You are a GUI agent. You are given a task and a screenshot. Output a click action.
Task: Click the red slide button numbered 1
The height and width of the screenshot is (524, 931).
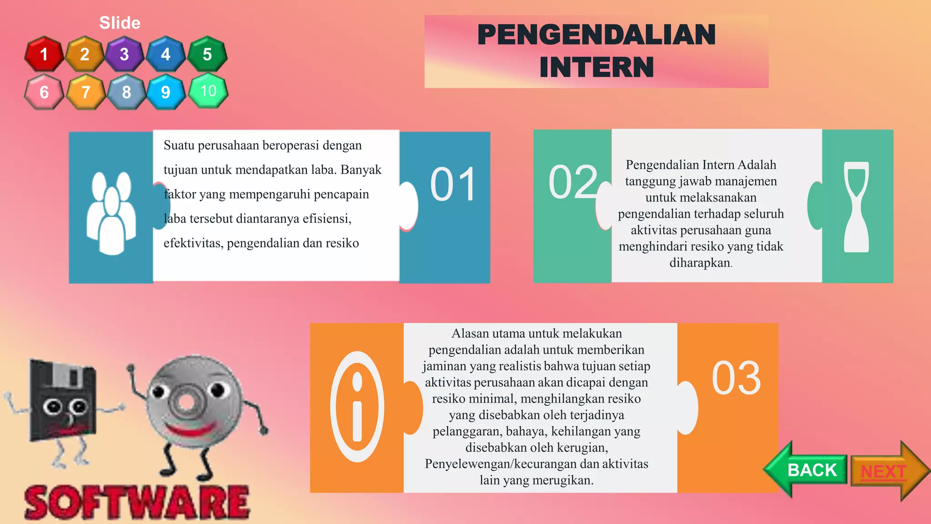click(44, 54)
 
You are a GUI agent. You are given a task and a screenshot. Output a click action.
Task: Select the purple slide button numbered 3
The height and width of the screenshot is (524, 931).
click(125, 54)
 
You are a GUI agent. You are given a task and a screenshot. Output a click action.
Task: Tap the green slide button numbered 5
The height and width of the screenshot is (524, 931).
click(207, 54)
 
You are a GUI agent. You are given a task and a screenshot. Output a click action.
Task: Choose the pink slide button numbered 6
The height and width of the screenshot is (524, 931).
click(44, 92)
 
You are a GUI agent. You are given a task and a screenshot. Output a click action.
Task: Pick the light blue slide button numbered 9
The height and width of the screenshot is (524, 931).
click(166, 92)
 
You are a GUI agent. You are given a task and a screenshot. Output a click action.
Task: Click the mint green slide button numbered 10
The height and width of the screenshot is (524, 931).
click(208, 91)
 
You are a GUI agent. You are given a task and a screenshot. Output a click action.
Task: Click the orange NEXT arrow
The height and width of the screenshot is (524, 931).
click(889, 471)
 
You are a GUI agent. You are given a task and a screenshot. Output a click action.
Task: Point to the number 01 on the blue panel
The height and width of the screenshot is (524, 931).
click(453, 184)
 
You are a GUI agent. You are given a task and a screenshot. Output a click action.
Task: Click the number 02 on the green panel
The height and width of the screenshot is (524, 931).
click(573, 182)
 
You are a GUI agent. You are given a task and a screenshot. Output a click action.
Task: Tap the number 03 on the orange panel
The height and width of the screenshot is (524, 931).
click(736, 378)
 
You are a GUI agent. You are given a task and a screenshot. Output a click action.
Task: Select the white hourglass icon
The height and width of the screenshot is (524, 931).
click(856, 207)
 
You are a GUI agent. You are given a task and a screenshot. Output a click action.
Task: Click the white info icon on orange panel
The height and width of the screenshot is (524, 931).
click(357, 407)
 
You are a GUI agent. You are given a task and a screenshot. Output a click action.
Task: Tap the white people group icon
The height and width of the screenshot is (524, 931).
click(111, 212)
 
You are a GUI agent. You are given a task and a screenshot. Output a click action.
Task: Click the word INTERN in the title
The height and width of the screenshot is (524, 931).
click(596, 67)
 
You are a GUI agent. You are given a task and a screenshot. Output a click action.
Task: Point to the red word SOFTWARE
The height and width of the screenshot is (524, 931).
click(137, 502)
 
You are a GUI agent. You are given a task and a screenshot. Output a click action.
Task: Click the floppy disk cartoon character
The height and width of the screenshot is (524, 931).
click(63, 405)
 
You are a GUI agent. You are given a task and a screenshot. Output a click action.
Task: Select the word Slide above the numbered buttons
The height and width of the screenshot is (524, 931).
click(120, 23)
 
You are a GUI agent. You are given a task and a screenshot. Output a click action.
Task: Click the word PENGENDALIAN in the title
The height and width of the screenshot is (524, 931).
click(596, 35)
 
